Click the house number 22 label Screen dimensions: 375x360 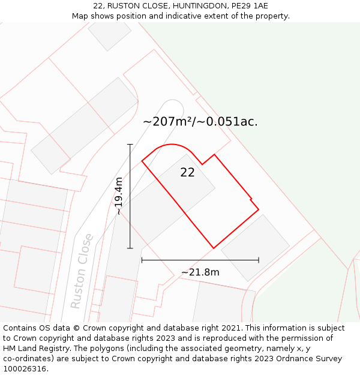(x=187, y=173)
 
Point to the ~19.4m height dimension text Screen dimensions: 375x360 (x=119, y=196)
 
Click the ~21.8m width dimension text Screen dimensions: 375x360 (x=200, y=272)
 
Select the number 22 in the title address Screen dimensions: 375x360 (x=98, y=6)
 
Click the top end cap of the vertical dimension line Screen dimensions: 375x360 (x=130, y=145)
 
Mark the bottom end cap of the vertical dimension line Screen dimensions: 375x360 (x=130, y=248)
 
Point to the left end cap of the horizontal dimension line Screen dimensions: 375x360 (x=142, y=260)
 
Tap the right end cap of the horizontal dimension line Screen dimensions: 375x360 (x=259, y=260)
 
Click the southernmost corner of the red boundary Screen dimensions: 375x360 (x=214, y=248)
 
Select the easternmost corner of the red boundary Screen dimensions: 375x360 (x=259, y=209)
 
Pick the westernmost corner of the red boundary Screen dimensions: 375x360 (x=142, y=161)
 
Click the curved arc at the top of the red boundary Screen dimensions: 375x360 (x=172, y=145)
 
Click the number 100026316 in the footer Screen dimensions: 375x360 (x=24, y=369)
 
